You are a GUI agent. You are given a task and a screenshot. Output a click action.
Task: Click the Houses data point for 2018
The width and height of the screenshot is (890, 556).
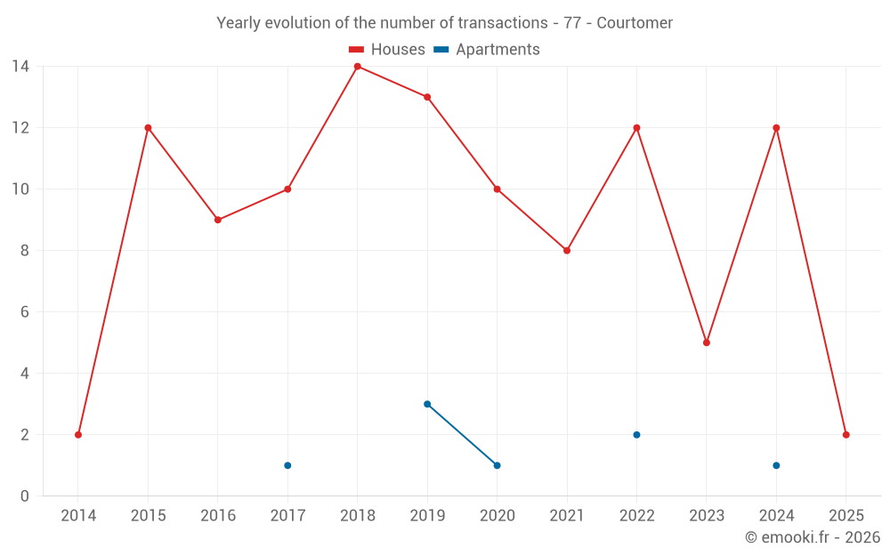(x=358, y=67)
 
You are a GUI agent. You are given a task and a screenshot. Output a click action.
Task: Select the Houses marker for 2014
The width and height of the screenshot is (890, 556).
(x=78, y=435)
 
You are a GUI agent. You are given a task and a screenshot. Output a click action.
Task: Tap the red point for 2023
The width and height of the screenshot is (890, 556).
(x=707, y=342)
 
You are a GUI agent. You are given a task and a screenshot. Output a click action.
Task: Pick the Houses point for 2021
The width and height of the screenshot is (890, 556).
(x=567, y=251)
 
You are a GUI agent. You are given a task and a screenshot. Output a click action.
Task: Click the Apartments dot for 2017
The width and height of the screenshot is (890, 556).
(x=287, y=465)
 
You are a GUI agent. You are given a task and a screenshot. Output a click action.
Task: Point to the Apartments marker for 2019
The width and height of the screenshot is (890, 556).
(x=427, y=404)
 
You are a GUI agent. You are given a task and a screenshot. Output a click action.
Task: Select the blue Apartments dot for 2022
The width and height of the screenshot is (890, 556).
(x=636, y=435)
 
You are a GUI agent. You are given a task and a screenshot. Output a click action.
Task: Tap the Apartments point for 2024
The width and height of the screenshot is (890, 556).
(x=776, y=465)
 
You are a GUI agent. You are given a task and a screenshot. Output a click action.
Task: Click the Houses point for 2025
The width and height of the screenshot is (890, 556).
(x=845, y=435)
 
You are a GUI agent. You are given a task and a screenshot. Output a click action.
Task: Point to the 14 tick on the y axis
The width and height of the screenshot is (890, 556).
(x=20, y=67)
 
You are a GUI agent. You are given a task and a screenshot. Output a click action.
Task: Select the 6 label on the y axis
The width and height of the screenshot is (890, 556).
(x=24, y=312)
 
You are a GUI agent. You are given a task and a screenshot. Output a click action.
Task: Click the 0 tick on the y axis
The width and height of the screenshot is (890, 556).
(x=24, y=496)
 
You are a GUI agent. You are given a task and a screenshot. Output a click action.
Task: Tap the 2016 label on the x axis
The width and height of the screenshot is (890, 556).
(x=218, y=516)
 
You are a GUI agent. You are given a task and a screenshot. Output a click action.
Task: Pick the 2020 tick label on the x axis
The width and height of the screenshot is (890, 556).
(x=497, y=516)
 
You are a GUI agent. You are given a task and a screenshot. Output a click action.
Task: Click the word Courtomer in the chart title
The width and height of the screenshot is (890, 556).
(x=635, y=23)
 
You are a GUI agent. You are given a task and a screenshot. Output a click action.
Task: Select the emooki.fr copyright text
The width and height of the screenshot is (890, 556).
(x=812, y=537)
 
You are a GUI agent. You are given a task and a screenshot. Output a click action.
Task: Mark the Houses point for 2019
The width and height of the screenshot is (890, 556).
(x=427, y=97)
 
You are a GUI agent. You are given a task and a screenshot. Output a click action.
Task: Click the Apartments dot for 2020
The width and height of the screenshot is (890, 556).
(x=497, y=465)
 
